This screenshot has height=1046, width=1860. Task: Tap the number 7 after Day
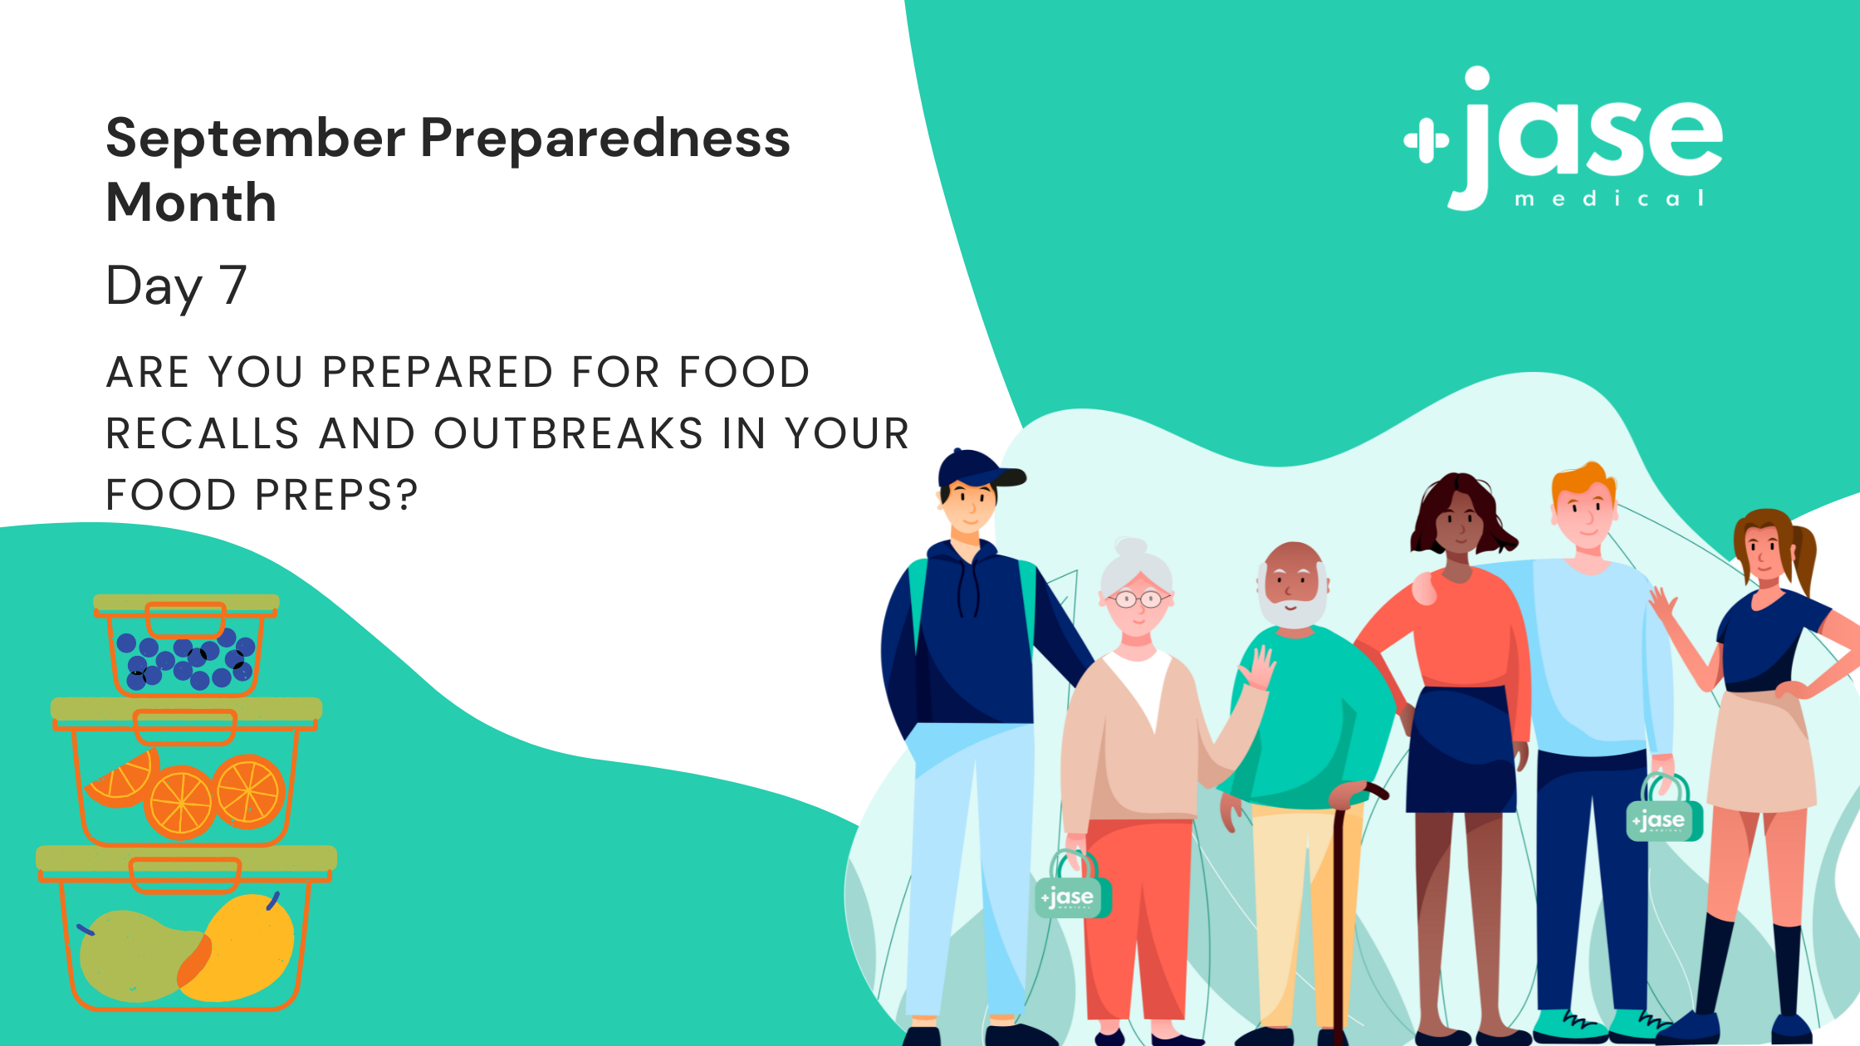click(x=233, y=285)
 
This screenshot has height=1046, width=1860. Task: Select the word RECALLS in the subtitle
click(x=203, y=433)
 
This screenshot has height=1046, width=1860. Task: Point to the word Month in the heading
click(x=191, y=203)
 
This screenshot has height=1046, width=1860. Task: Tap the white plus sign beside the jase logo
click(x=1426, y=141)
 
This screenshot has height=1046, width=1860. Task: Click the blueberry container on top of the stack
click(x=186, y=644)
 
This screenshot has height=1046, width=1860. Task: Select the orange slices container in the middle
click(x=186, y=772)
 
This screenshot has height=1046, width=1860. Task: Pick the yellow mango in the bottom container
click(x=241, y=946)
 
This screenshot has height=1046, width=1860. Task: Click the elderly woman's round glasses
click(x=1138, y=599)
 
